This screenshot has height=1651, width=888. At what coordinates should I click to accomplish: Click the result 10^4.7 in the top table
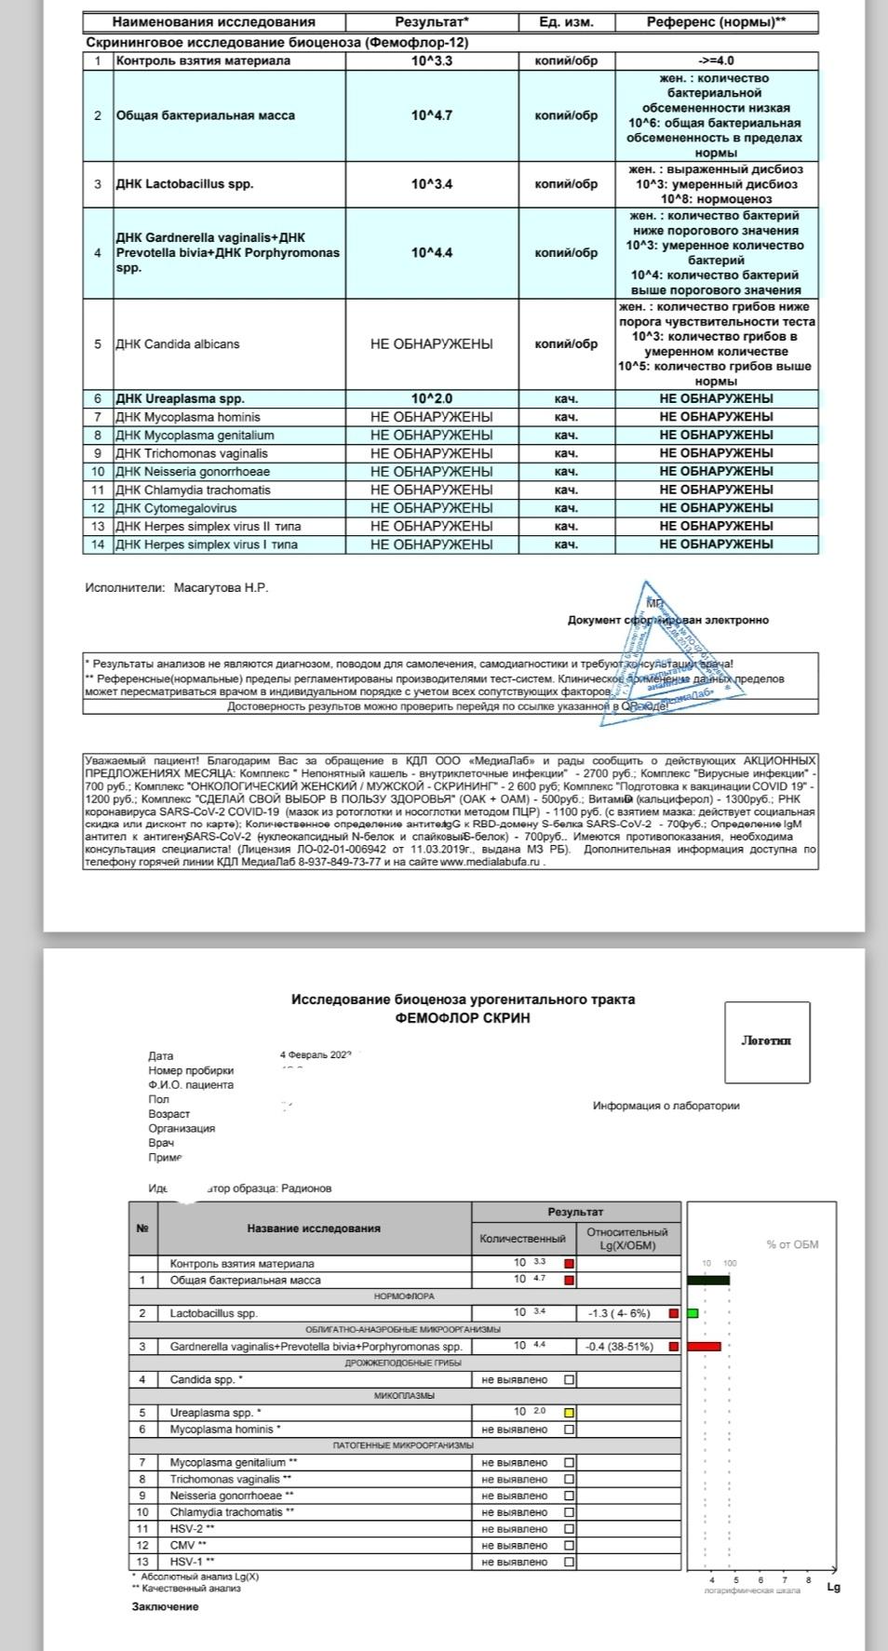click(x=431, y=115)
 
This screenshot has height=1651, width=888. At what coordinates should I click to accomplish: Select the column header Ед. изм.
click(x=566, y=21)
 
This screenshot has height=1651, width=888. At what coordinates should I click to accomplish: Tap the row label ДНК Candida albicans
click(x=177, y=344)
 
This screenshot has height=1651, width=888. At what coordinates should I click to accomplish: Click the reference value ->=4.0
click(x=716, y=60)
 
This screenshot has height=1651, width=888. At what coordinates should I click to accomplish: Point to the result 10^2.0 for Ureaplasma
click(x=431, y=399)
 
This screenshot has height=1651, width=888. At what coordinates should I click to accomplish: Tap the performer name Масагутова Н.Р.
click(x=221, y=588)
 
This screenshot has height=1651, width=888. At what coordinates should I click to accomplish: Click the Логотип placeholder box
click(x=767, y=1041)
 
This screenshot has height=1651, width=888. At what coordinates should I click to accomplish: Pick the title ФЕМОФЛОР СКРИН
click(x=463, y=1018)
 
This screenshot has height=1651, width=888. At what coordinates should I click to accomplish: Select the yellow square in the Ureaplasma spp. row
click(x=570, y=1413)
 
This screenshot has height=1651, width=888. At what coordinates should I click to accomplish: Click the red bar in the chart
click(x=704, y=1347)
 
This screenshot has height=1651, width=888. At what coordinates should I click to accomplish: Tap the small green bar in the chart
click(x=693, y=1313)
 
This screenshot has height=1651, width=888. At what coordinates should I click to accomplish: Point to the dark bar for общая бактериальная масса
click(x=708, y=1280)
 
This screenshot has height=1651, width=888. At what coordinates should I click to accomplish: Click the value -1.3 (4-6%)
click(x=619, y=1313)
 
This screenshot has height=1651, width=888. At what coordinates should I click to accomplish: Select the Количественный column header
click(x=522, y=1239)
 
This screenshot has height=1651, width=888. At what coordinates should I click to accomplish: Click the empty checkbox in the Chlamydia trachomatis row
click(x=570, y=1512)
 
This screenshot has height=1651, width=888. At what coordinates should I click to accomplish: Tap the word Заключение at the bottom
click(x=165, y=1607)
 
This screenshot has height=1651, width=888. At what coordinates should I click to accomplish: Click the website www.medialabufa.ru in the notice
click(x=490, y=862)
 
